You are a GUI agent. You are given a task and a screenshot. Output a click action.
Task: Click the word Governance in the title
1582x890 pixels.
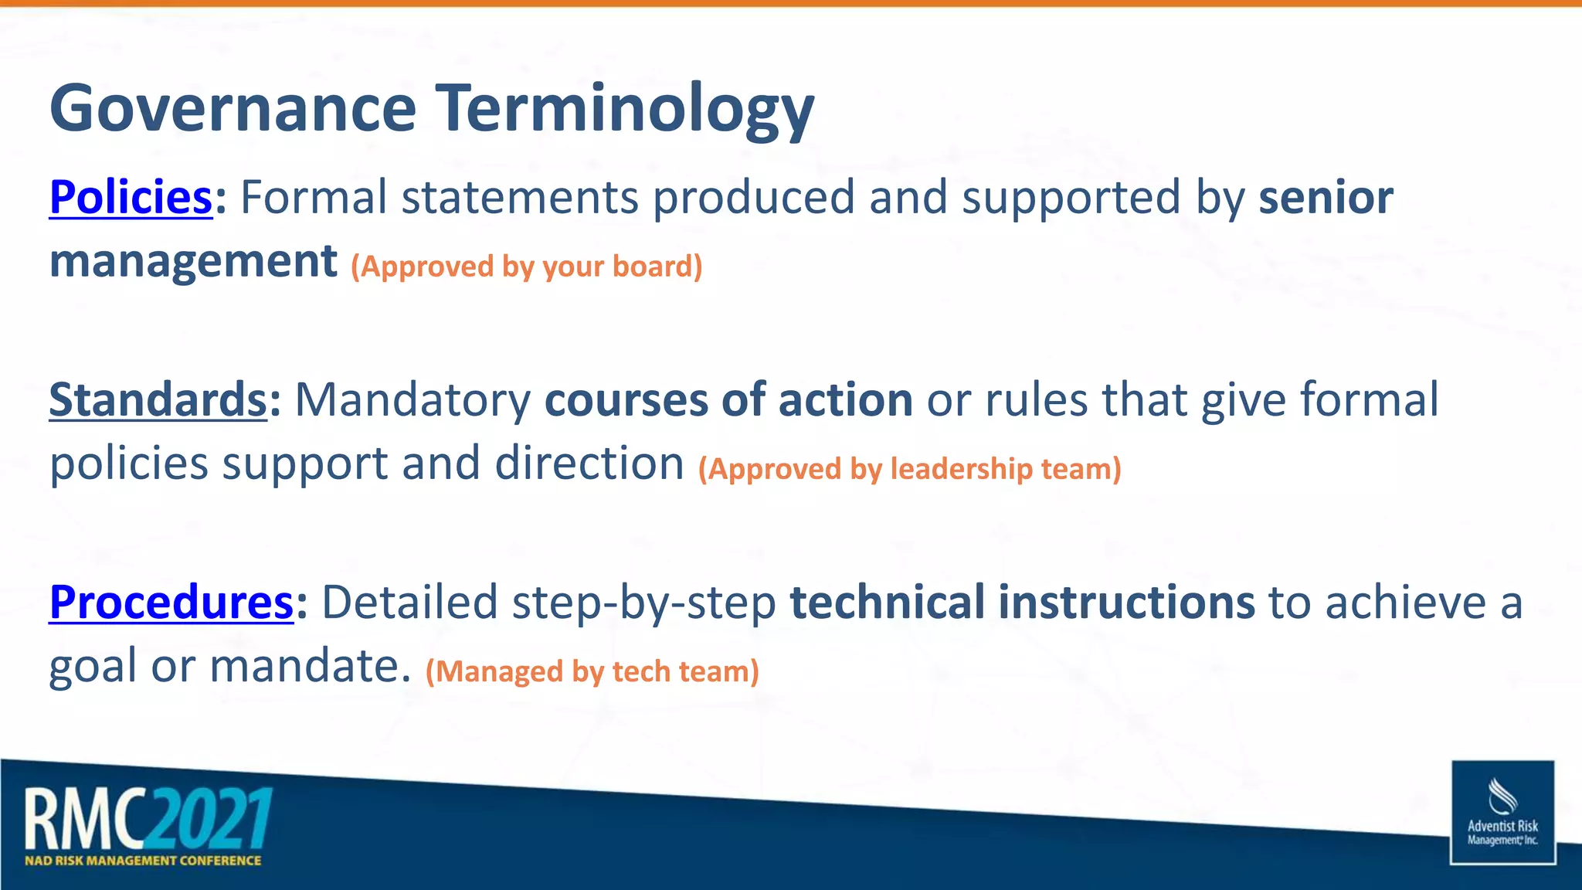[x=233, y=109]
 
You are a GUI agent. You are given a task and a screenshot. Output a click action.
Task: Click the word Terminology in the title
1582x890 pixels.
[x=625, y=109]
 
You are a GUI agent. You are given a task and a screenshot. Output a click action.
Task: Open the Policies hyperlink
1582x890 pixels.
[x=131, y=197]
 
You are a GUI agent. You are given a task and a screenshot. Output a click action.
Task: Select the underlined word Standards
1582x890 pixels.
[x=158, y=399]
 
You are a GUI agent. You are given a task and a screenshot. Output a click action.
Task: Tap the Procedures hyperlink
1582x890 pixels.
[x=171, y=602]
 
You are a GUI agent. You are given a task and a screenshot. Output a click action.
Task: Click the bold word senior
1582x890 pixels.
[x=1326, y=197]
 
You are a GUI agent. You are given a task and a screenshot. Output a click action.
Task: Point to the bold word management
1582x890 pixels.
[x=193, y=261]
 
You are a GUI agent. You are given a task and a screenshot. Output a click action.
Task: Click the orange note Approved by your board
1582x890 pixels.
[x=526, y=267]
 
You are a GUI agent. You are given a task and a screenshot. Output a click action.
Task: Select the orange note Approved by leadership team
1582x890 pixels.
[x=909, y=469]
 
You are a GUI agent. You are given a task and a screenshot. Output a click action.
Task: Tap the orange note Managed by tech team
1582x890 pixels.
[x=592, y=671]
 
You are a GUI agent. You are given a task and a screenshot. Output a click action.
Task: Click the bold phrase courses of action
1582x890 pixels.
[x=728, y=399]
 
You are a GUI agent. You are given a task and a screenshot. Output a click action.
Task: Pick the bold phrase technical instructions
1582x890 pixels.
[x=1022, y=602]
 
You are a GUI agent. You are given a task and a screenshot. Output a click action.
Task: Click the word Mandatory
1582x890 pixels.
[x=412, y=399]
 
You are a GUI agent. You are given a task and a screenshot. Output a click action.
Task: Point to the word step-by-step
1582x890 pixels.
[x=643, y=603]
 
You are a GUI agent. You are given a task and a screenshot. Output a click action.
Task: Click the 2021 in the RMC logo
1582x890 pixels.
[x=209, y=819]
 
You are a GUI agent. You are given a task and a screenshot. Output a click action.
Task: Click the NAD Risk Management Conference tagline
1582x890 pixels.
[x=143, y=861]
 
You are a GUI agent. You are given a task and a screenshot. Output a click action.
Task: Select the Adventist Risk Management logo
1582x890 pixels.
[x=1502, y=813]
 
